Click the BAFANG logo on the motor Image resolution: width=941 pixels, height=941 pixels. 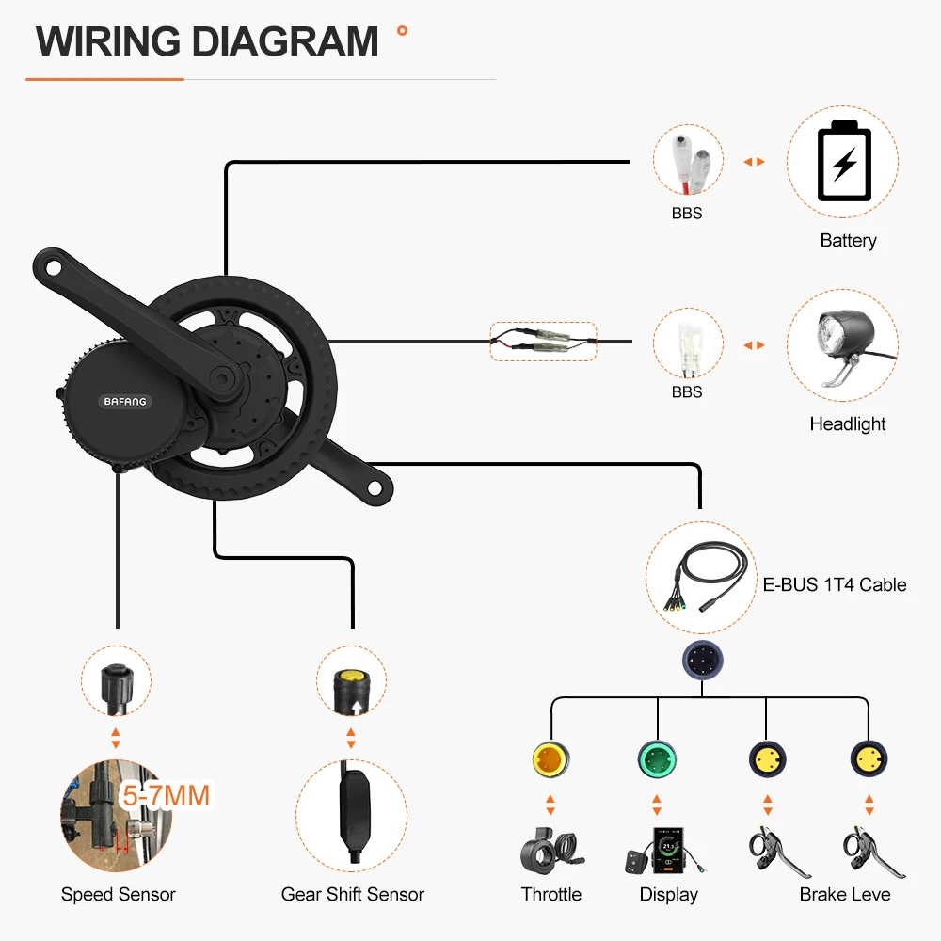[124, 402]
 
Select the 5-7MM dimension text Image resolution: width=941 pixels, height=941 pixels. [166, 795]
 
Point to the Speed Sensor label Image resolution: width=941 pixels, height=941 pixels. [119, 894]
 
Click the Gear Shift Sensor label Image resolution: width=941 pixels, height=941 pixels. [353, 894]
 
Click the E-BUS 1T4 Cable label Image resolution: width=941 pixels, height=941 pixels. [835, 584]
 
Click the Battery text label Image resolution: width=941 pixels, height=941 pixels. [848, 241]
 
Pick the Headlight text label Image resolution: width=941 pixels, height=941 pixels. [848, 424]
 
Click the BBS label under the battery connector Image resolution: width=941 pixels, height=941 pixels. [687, 214]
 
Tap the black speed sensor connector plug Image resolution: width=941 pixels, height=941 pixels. [119, 682]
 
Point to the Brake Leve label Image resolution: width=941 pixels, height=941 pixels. [845, 894]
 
